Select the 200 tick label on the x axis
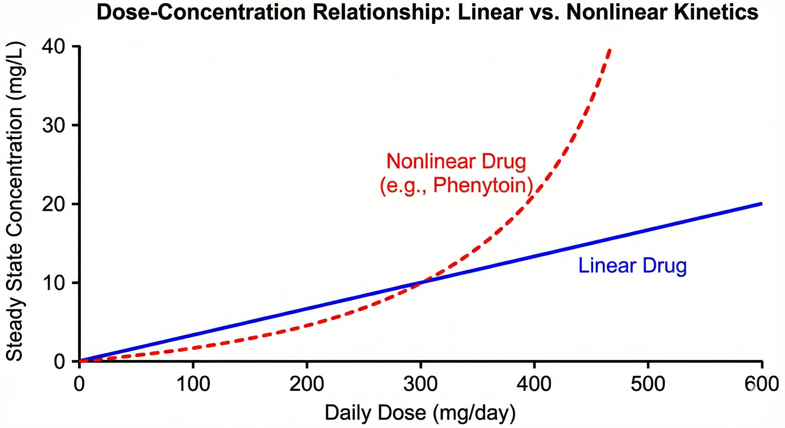click(x=307, y=384)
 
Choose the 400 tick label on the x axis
click(x=534, y=384)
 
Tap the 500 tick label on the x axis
click(x=648, y=384)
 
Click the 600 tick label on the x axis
click(x=761, y=384)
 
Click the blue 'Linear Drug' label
click(x=633, y=266)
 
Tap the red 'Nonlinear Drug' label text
click(x=456, y=161)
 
